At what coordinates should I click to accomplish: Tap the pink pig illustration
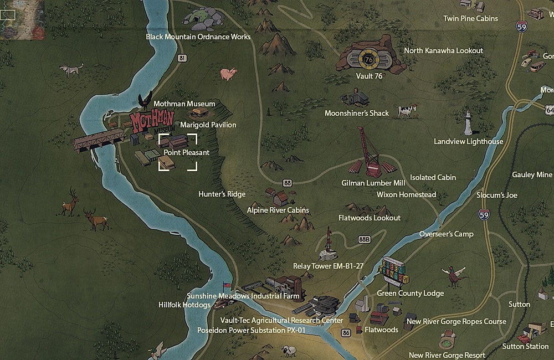(x=228, y=74)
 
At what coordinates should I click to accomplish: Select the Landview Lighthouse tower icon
(x=468, y=122)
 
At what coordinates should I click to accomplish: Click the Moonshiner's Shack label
(x=357, y=113)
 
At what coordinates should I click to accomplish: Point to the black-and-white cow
(x=406, y=111)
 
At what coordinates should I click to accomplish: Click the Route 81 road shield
(x=182, y=58)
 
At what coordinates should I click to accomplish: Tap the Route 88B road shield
(x=364, y=239)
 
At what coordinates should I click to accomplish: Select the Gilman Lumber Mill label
(x=373, y=182)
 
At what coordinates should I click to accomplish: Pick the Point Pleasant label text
(x=186, y=152)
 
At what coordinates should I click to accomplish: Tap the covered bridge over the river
(x=98, y=141)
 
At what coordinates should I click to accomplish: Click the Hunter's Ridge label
(x=222, y=194)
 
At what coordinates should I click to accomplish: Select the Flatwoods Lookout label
(x=370, y=218)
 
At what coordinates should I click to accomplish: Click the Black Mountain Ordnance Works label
(x=198, y=37)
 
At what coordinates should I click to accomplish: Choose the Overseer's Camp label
(x=447, y=234)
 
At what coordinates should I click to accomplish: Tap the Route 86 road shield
(x=346, y=332)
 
